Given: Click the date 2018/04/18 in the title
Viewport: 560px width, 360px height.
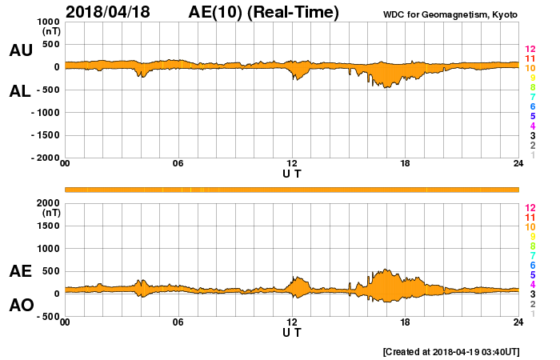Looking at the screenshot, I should pos(115,12).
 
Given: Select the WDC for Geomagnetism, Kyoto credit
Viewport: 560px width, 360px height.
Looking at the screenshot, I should pos(449,14).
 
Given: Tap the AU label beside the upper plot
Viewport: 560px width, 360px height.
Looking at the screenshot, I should pos(20,50).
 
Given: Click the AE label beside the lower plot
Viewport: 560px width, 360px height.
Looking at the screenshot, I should pos(20,271).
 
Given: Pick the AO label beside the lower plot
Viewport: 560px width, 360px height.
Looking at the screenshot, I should pos(20,305).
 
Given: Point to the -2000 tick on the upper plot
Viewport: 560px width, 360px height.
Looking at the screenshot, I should pos(44,158).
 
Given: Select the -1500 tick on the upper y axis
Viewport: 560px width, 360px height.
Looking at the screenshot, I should pos(44,135).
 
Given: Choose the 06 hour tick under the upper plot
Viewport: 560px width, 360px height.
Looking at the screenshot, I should pos(178,164).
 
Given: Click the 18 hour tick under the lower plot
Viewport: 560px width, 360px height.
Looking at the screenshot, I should pos(406,322).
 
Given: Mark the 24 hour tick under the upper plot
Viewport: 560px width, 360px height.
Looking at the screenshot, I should pos(518,164).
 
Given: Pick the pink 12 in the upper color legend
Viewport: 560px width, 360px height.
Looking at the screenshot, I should pos(530,50).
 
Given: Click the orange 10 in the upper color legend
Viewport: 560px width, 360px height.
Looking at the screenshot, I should pos(530,69).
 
